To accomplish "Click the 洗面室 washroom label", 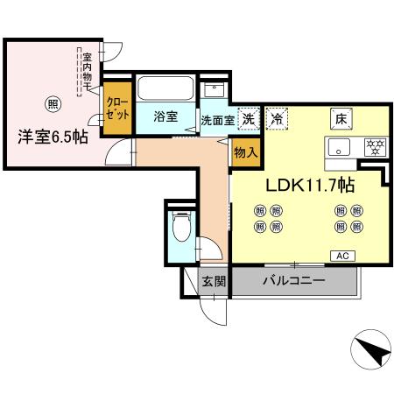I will (217, 120).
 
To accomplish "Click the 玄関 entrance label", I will (214, 281).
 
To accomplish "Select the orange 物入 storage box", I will (245, 151).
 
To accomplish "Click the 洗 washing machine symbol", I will (249, 118).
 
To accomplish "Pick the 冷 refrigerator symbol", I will (278, 118).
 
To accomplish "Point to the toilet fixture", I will (182, 229).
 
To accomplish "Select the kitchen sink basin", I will (340, 146).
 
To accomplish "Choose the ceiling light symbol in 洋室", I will (53, 103).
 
